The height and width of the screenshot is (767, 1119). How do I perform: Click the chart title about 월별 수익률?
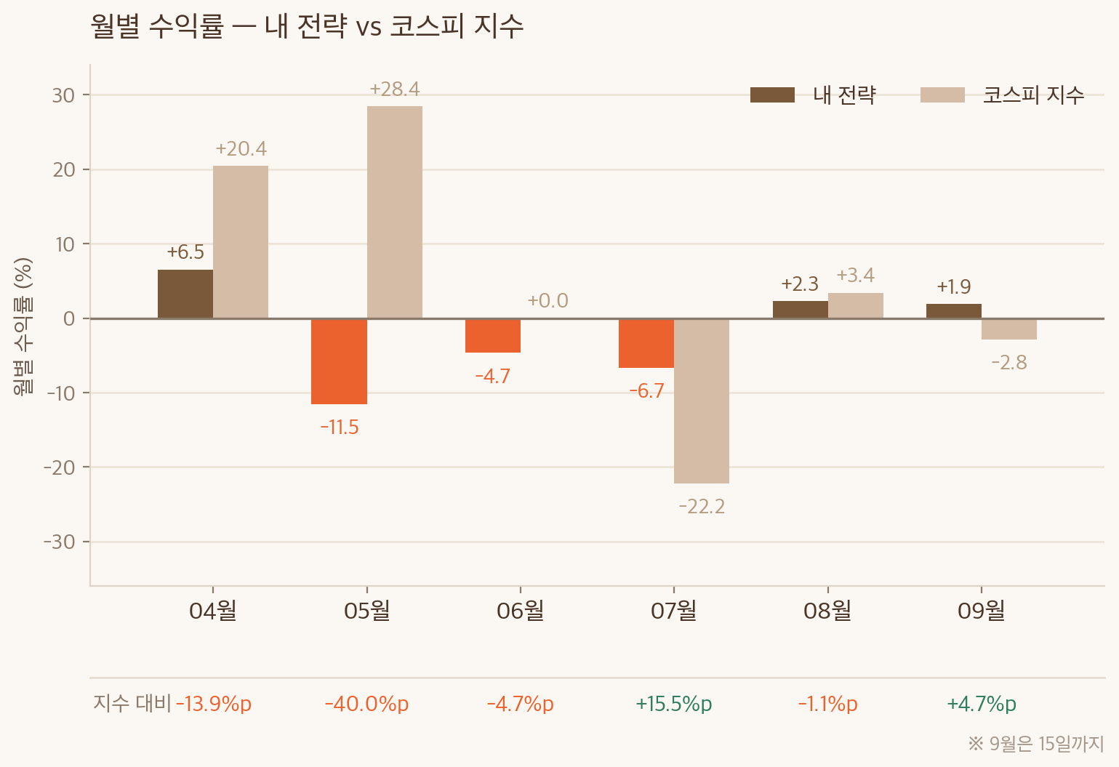point(307,26)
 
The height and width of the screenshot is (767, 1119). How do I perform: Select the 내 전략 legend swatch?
point(772,95)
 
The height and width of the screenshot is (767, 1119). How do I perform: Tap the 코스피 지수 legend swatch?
point(942,95)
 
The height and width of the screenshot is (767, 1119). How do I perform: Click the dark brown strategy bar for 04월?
point(185,294)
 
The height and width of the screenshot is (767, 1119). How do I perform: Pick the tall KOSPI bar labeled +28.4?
point(395,212)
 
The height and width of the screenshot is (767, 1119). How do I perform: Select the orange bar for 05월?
point(340,361)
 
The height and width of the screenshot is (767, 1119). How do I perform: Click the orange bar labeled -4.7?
point(492,336)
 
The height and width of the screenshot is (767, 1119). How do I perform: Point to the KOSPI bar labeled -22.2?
point(702,401)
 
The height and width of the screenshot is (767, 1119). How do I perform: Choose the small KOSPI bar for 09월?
point(1009,329)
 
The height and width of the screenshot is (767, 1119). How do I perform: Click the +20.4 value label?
point(241,149)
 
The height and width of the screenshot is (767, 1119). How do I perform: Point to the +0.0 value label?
point(548,300)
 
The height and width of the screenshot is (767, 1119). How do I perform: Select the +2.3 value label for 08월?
point(800,284)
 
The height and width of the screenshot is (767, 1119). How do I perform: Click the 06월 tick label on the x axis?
point(520,611)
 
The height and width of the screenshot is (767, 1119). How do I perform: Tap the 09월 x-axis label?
point(981,611)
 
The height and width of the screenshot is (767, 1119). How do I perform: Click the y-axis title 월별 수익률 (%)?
point(23,326)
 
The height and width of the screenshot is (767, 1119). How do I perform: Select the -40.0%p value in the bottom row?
point(366,704)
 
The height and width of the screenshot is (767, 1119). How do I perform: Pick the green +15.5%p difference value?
point(673,704)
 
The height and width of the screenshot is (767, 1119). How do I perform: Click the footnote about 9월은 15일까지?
point(1035,744)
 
